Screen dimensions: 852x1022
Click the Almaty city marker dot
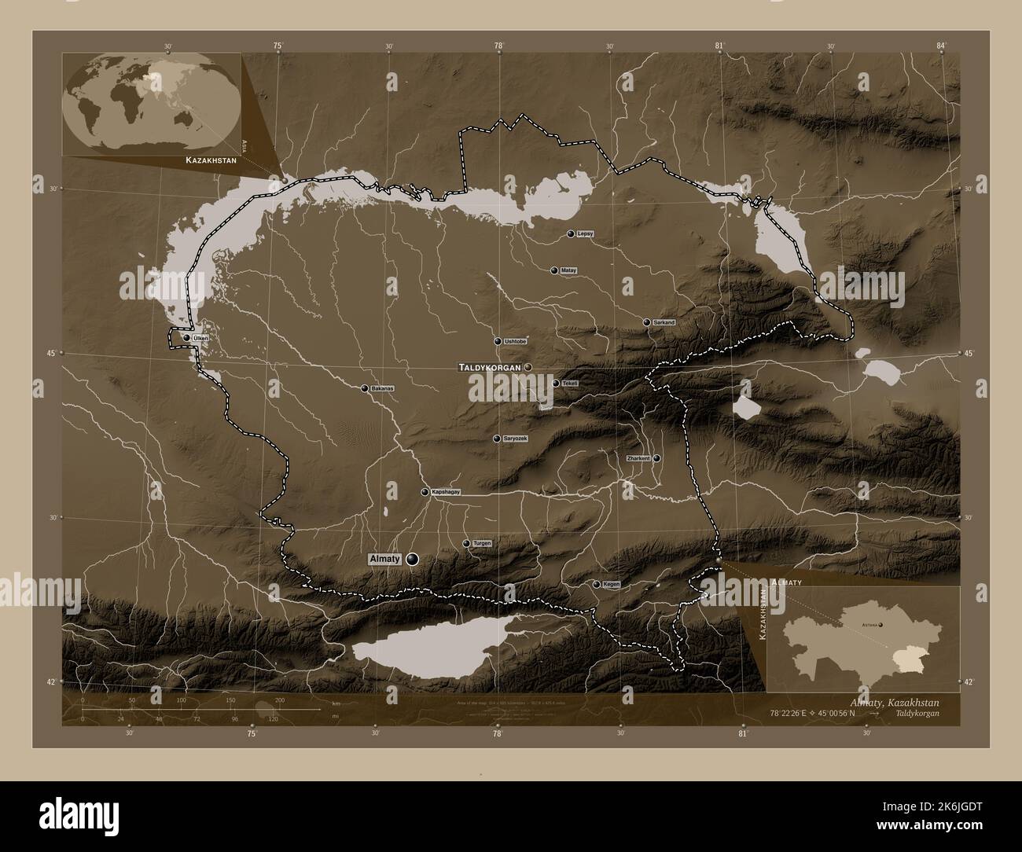coord(412,560)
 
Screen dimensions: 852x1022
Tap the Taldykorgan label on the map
coord(490,367)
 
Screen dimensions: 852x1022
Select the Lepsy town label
coord(585,234)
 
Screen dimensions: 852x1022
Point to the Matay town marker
coord(554,270)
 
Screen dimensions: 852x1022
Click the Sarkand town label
coord(664,323)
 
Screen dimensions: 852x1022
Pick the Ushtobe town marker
coord(498,341)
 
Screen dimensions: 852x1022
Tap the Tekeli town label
coord(571,384)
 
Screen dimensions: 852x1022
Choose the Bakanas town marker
coord(365,388)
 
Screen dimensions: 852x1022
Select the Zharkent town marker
coord(656,458)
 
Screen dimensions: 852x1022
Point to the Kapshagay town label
coord(444,492)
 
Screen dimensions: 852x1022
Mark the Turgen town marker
coord(466,544)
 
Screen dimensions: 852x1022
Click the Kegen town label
coord(611,585)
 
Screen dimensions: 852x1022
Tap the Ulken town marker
coord(187,338)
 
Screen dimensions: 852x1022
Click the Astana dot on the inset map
coord(880,625)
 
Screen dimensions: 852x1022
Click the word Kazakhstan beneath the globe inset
coord(212,160)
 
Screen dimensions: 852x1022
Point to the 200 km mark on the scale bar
coord(279,700)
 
